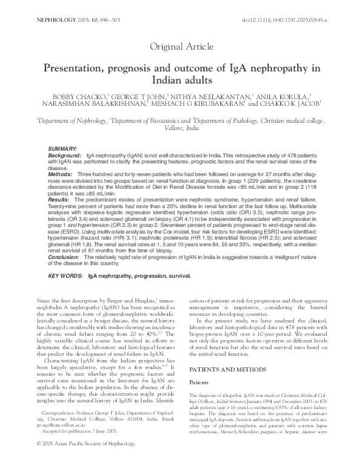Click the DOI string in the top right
[x=284, y=20]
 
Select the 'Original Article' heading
[x=180, y=46]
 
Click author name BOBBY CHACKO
[x=76, y=96]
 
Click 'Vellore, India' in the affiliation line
[x=180, y=129]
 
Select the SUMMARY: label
[x=62, y=148]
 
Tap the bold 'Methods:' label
[x=61, y=173]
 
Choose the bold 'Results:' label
[x=59, y=199]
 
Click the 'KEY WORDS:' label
[x=65, y=275]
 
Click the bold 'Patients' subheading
[x=200, y=365]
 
